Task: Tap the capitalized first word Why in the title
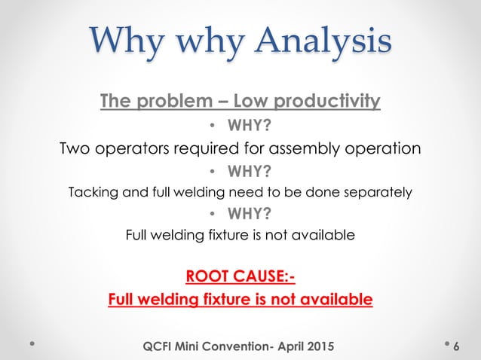pos(128,43)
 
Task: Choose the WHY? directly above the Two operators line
pos(246,123)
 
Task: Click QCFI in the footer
pos(161,345)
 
